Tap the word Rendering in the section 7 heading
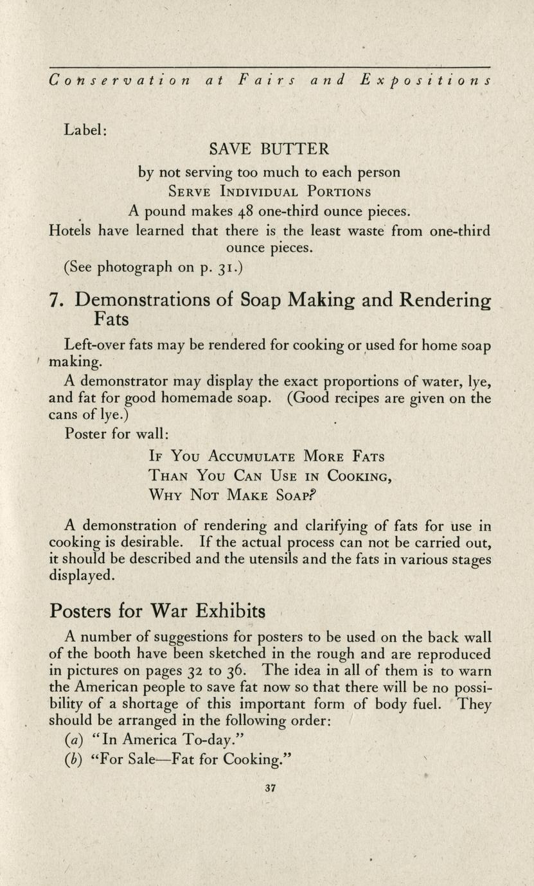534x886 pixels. click(445, 301)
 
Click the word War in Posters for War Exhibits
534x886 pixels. click(170, 609)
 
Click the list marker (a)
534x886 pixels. click(73, 740)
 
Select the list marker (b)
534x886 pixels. click(73, 760)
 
